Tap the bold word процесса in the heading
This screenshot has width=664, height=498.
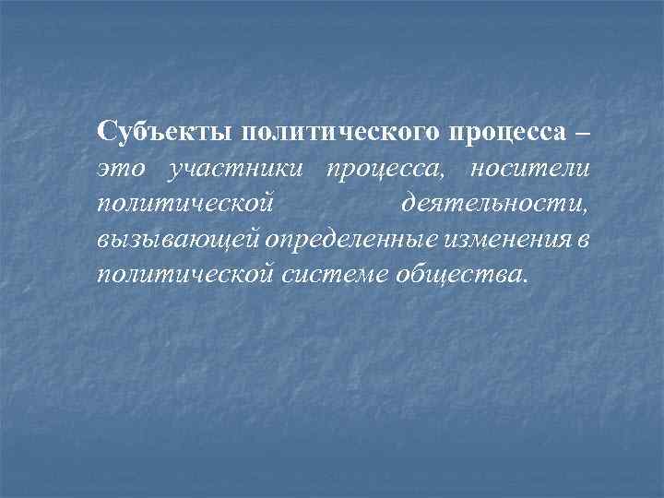click(505, 132)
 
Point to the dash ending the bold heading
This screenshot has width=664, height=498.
click(579, 131)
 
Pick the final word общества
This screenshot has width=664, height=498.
click(452, 275)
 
